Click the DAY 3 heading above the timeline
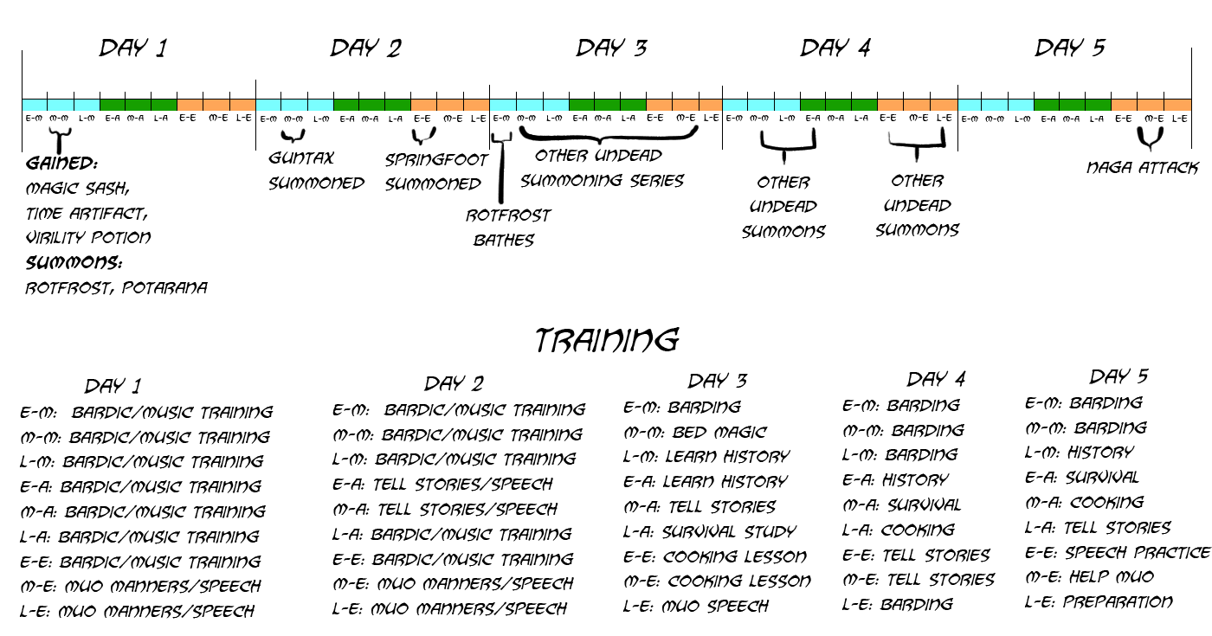tap(611, 48)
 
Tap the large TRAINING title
tap(606, 340)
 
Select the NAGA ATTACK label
tap(1142, 168)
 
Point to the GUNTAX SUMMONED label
tap(316, 170)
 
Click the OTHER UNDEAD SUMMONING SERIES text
tap(602, 168)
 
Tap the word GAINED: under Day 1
tap(61, 164)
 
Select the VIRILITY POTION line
tap(88, 237)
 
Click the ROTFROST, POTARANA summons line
tap(117, 287)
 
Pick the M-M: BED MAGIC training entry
tap(695, 432)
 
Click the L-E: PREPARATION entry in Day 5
tap(1099, 601)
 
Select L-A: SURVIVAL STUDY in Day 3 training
tap(709, 531)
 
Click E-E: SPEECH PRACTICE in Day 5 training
tap(1117, 552)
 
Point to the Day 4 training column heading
tap(936, 379)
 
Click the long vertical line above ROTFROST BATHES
tap(500, 173)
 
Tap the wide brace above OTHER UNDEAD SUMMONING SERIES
tap(609, 135)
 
